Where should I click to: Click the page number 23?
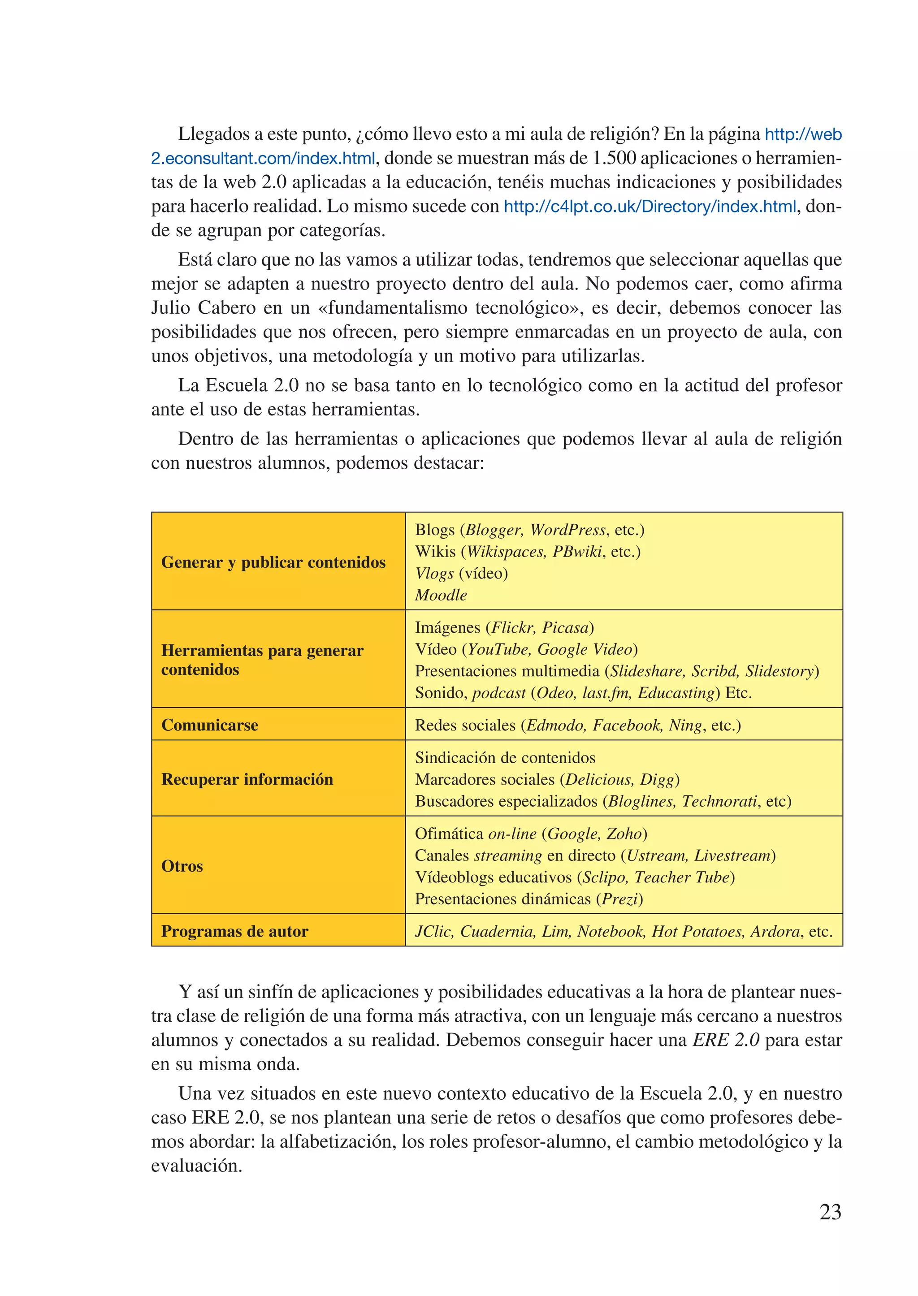tap(830, 1212)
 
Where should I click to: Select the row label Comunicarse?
tap(210, 725)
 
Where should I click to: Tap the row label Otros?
tap(182, 866)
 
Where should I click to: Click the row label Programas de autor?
tap(234, 931)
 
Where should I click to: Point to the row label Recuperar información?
tap(247, 779)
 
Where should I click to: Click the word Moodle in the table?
tap(441, 595)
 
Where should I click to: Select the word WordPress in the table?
tap(567, 530)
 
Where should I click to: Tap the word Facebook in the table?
tap(627, 725)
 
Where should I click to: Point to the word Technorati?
tap(719, 801)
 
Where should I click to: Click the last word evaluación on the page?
tap(196, 1166)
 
